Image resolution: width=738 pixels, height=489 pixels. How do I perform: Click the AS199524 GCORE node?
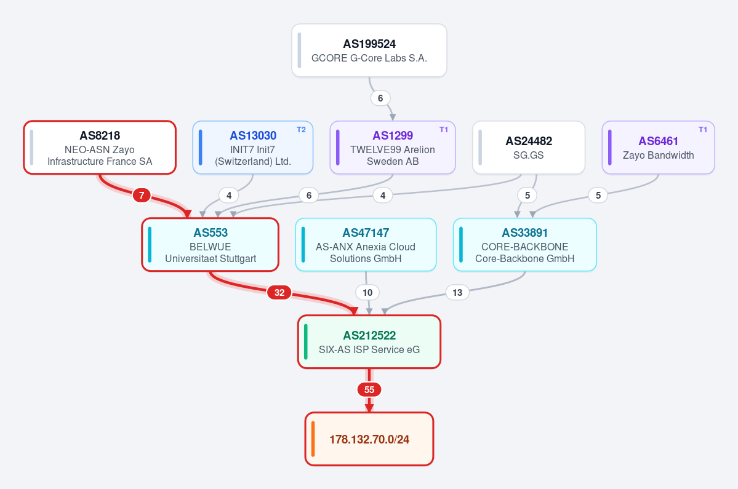[369, 50]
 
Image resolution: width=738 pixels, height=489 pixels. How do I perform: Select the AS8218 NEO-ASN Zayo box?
[100, 148]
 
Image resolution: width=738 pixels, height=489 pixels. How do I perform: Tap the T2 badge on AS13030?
[301, 130]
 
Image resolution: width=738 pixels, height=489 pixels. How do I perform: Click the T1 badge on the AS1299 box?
[444, 130]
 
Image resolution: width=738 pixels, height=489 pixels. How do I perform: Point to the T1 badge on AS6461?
[703, 130]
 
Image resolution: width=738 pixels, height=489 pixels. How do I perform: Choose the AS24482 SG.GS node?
[529, 148]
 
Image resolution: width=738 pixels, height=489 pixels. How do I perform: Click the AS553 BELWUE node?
[211, 245]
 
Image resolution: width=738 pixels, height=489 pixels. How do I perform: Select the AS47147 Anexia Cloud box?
[366, 245]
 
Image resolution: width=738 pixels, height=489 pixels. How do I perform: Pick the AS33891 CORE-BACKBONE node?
[525, 245]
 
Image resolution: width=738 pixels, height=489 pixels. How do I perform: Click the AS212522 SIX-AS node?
[369, 342]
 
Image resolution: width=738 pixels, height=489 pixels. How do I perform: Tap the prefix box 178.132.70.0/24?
[369, 439]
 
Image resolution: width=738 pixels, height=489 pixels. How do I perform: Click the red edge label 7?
[142, 195]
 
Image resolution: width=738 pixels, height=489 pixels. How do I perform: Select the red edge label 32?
[279, 292]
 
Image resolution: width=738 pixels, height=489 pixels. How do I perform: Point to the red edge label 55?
[369, 390]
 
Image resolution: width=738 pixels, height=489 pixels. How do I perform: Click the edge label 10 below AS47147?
[367, 292]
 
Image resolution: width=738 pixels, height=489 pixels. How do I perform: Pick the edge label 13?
[457, 292]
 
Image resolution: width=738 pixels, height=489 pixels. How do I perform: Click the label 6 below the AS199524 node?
[380, 98]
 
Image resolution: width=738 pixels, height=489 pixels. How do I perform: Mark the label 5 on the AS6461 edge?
[598, 195]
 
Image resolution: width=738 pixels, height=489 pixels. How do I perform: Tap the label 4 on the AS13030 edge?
[229, 195]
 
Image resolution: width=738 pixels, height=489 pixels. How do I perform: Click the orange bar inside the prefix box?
[313, 439]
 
